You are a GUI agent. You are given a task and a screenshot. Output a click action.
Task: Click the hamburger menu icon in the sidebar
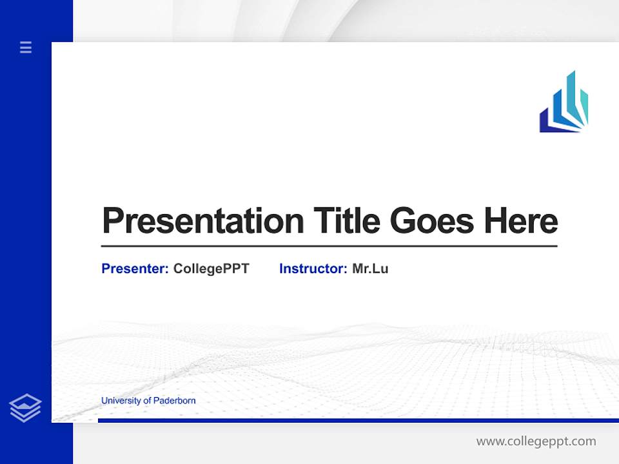click(26, 47)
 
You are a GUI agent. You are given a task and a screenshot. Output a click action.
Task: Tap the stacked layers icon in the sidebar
click(25, 408)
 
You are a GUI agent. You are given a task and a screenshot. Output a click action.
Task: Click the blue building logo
click(564, 103)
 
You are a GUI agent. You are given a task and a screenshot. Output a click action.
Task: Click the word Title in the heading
click(347, 221)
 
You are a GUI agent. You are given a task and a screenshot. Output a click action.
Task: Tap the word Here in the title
click(521, 221)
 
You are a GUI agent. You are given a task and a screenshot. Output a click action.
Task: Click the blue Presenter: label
click(135, 269)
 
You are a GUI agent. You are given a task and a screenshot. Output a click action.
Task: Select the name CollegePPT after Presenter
click(211, 269)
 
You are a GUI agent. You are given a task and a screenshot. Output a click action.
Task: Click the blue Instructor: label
click(313, 269)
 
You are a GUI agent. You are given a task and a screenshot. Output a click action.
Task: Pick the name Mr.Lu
click(370, 269)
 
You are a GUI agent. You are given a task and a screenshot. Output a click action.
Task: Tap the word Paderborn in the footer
click(174, 401)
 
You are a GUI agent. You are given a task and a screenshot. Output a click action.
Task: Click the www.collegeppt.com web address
click(536, 441)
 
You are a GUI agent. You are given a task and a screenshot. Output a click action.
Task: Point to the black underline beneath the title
click(329, 246)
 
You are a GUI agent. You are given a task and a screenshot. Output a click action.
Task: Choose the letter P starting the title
click(113, 221)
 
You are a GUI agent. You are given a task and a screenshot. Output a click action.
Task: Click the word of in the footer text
click(147, 401)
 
